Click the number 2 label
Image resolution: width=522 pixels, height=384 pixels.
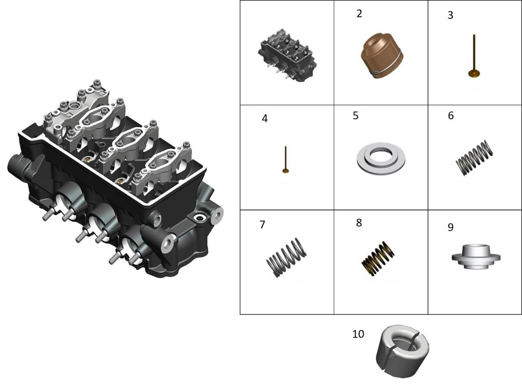[359, 14]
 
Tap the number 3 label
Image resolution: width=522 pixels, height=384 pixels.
[451, 15]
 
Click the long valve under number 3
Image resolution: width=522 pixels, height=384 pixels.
[474, 56]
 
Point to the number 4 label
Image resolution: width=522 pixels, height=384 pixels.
[265, 118]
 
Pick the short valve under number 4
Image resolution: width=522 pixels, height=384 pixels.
[286, 160]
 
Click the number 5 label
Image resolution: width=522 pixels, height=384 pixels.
[356, 116]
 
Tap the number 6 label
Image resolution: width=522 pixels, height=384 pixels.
[451, 116]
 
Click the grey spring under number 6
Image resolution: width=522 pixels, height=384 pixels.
[474, 158]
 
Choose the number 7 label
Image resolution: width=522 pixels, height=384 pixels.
[262, 225]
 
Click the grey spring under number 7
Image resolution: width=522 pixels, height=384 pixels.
[286, 257]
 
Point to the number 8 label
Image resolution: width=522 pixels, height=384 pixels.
[359, 223]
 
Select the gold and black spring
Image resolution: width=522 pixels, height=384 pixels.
[378, 259]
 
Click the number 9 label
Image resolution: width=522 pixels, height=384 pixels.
[451, 227]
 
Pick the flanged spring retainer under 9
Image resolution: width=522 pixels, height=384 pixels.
[476, 257]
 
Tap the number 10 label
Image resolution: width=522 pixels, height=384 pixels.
[358, 334]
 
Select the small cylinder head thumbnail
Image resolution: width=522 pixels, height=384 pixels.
[287, 55]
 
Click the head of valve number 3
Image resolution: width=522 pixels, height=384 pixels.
[474, 74]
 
